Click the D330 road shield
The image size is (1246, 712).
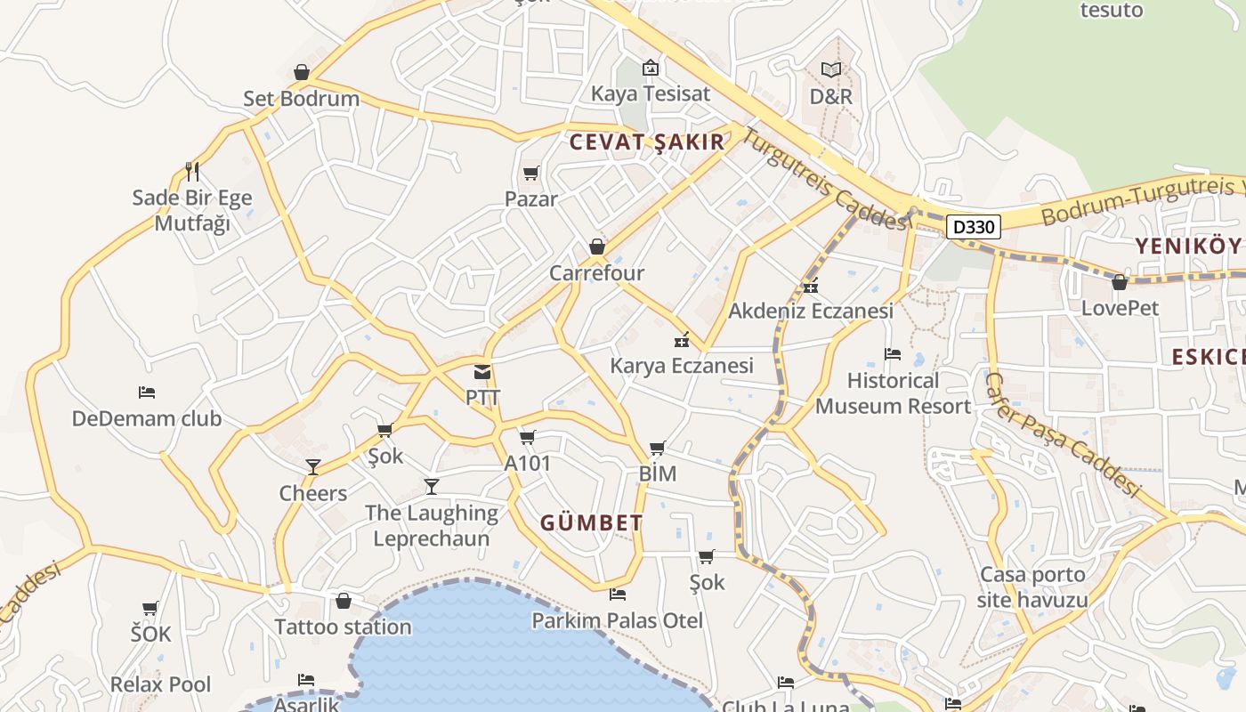[973, 227]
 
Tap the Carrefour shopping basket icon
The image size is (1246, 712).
[597, 247]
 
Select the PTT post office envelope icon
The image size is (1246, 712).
[482, 372]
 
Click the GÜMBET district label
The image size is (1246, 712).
[591, 523]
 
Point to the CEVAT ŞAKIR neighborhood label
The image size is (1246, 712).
[647, 142]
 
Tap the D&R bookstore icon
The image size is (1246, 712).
[831, 69]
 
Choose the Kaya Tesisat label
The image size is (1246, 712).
[651, 93]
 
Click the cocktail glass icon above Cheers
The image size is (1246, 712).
[313, 466]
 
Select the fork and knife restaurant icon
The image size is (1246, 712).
[191, 171]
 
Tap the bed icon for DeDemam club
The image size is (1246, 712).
[147, 392]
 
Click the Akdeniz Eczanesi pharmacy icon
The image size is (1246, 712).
[810, 286]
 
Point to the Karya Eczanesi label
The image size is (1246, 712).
[682, 365]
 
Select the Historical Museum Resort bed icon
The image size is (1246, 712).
[893, 354]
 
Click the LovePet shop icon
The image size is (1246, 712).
[1120, 282]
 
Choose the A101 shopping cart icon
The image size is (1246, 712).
[528, 437]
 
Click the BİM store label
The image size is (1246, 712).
[658, 473]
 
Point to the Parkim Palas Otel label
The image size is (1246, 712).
[617, 620]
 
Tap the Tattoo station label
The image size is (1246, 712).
[343, 627]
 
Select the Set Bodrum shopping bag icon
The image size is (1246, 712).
[302, 72]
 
